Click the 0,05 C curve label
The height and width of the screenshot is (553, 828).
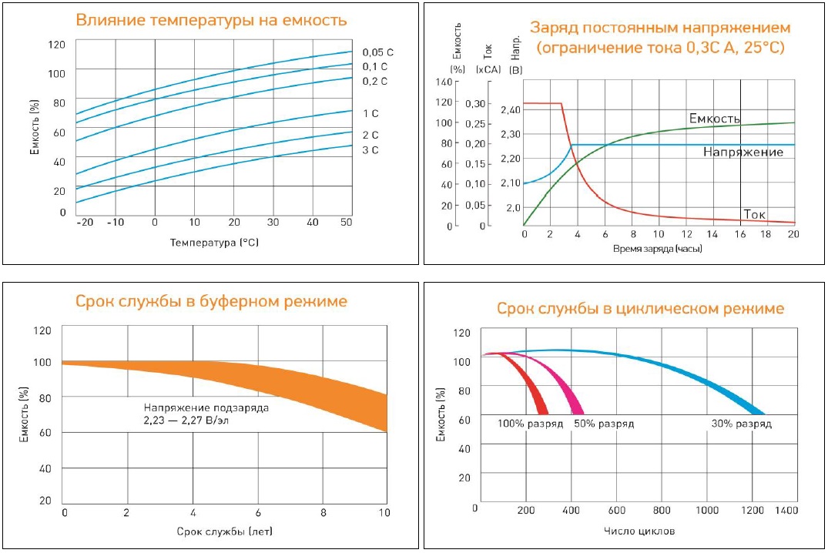coord(377,52)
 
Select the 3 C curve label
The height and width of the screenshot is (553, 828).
coord(370,150)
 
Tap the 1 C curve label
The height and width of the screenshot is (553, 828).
coord(370,114)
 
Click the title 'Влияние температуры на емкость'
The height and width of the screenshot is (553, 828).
coord(211,20)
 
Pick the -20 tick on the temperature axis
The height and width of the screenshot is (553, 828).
coord(83,222)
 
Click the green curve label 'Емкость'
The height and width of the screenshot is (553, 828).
coord(714,119)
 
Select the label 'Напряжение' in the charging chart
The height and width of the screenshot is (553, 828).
coord(743,152)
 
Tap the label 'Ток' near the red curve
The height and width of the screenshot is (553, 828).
coord(754,214)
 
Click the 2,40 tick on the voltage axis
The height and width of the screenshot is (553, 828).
coord(510,110)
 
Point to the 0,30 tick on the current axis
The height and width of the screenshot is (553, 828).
coord(477,102)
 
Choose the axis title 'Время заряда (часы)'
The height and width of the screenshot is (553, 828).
coord(658,249)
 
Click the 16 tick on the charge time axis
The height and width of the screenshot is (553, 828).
coord(739,234)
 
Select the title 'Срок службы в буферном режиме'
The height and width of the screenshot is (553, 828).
coord(211,300)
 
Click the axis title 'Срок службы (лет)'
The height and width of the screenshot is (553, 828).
coord(224,531)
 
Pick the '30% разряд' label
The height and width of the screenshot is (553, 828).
coord(740,424)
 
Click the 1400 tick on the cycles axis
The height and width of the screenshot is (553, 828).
coord(786,510)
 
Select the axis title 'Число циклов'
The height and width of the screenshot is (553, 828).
coord(640,531)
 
